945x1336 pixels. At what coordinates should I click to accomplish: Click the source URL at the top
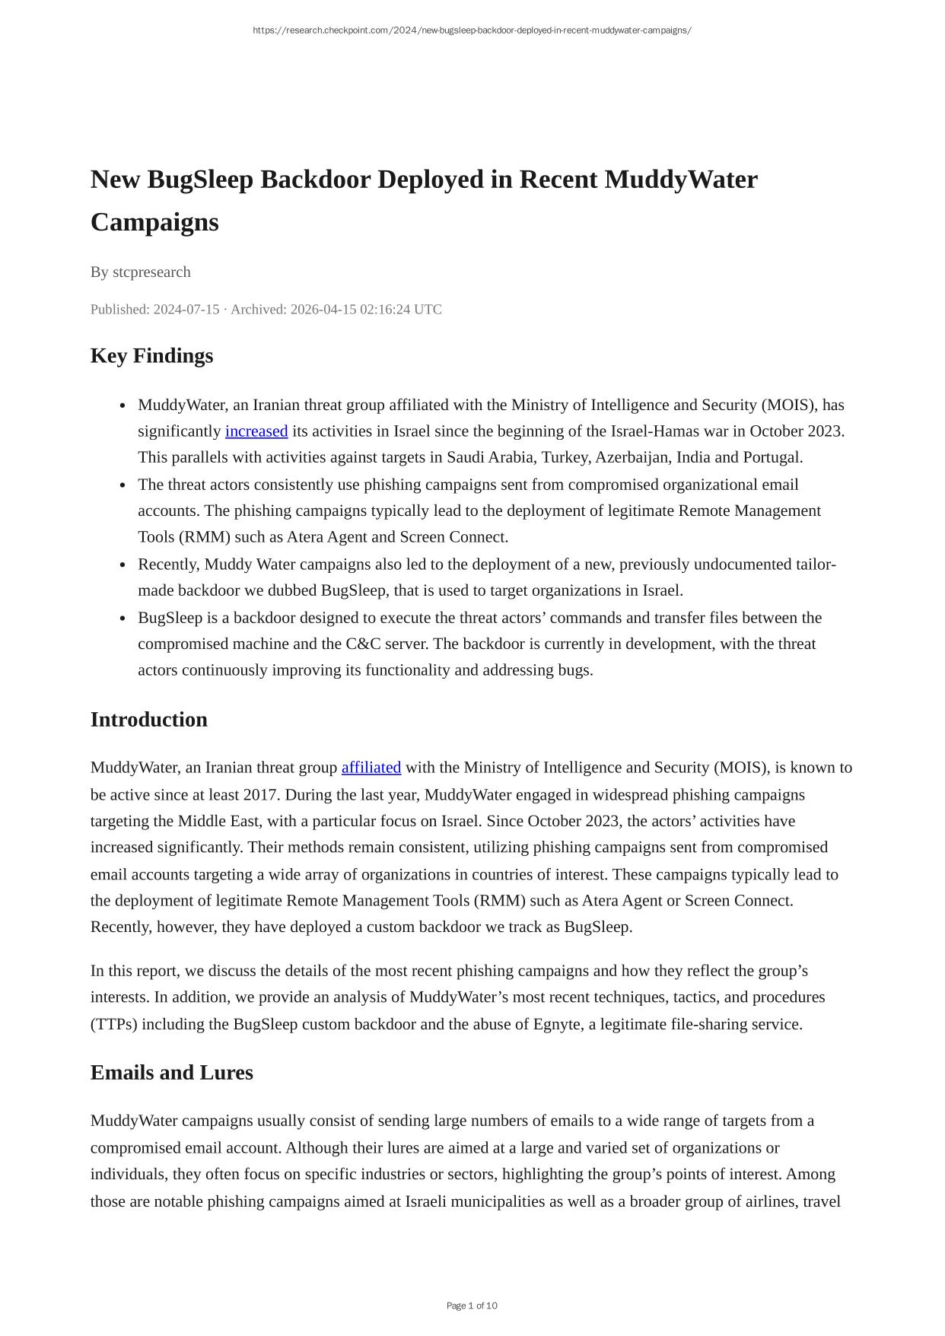pos(472,30)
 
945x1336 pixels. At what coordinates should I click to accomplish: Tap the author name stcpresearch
pos(151,272)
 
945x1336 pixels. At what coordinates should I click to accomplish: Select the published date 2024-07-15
pos(186,310)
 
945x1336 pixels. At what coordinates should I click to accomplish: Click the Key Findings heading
pos(151,356)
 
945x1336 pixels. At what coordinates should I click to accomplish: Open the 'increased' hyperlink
pos(256,431)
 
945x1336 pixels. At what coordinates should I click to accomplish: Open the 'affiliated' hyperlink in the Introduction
pos(371,768)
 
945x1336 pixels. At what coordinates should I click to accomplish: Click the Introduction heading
pos(148,720)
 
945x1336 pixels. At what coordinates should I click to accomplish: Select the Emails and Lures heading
pos(171,1073)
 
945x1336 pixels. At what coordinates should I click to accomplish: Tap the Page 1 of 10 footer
pos(472,1306)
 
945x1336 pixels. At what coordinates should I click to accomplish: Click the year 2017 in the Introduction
pos(260,795)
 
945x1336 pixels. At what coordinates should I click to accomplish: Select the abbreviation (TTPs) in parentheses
pos(114,1024)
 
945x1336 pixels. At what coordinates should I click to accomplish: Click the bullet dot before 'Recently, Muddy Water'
pos(123,565)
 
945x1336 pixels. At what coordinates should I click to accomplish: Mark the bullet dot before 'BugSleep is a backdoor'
pos(123,619)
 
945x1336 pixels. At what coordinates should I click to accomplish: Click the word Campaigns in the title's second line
pos(154,222)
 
